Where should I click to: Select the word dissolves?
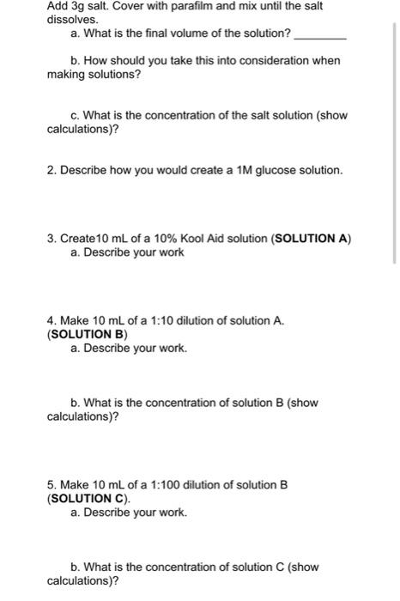pos(72,18)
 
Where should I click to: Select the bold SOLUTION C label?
pos(88,498)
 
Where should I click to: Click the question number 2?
pos(51,170)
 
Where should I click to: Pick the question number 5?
pos(51,484)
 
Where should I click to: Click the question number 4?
pos(51,320)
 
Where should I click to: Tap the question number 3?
pos(51,238)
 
